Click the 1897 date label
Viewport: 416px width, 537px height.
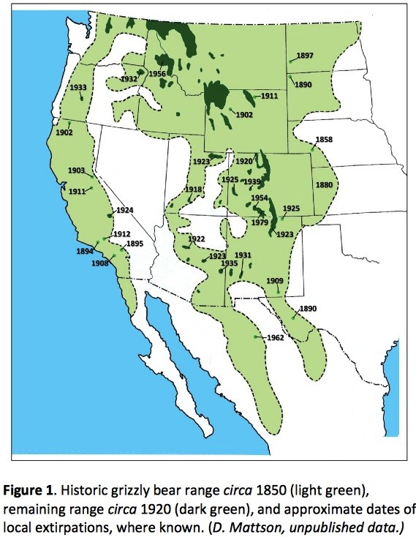[305, 56]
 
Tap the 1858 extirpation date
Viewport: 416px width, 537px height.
[323, 139]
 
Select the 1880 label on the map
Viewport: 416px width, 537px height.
[324, 185]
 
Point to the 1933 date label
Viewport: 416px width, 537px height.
[80, 88]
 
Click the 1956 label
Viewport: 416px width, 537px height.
[157, 74]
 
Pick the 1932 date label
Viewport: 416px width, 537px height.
[129, 79]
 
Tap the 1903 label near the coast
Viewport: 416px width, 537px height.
[76, 170]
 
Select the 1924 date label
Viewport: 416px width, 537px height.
[125, 210]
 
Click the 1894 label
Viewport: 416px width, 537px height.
[86, 251]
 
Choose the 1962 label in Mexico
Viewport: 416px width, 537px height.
[274, 337]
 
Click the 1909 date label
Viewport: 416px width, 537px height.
[274, 282]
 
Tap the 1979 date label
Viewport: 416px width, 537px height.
[260, 222]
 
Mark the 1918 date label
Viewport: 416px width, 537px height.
[193, 189]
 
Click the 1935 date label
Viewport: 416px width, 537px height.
[229, 263]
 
